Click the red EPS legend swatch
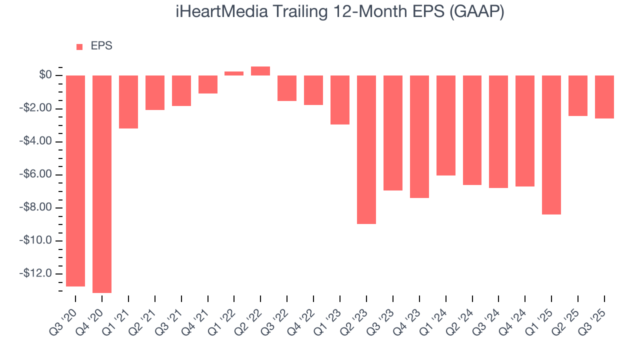coord(79,47)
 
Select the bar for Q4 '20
coord(102,184)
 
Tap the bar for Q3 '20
coord(75,181)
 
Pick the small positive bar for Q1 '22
coord(234,73)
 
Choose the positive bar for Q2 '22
coord(260,71)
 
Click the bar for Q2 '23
coord(366,149)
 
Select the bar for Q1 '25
coord(551,145)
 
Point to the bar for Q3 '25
coord(604,97)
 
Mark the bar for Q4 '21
coord(208,84)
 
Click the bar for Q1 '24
coord(446,125)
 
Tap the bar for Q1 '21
coord(128,102)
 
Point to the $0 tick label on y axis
coord(45,75)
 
